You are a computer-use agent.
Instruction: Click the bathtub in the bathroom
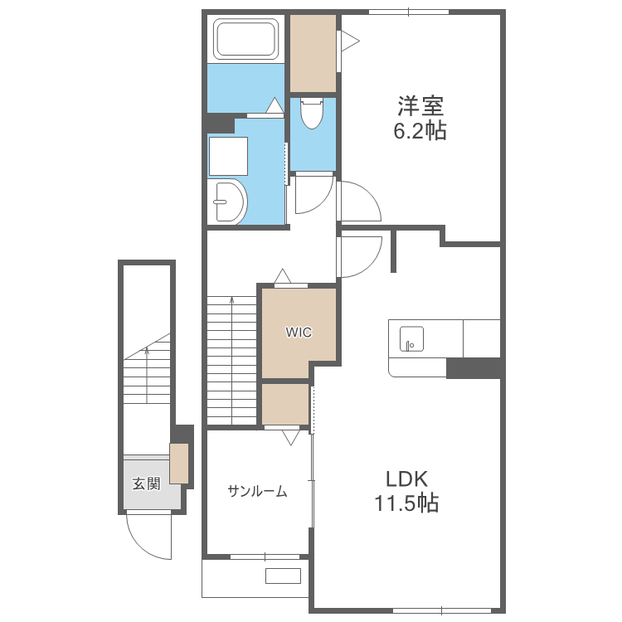click(x=245, y=37)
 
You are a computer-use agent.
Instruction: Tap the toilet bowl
click(x=312, y=114)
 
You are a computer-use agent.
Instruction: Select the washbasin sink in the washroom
click(x=228, y=202)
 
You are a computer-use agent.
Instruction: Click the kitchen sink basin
click(x=411, y=338)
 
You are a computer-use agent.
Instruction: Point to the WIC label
click(x=299, y=332)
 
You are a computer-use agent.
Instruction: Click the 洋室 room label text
click(x=420, y=106)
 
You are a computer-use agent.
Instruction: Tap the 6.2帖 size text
click(x=420, y=130)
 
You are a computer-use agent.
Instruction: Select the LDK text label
click(x=407, y=479)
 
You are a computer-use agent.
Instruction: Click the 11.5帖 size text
click(x=407, y=503)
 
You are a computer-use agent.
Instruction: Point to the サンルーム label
click(x=257, y=492)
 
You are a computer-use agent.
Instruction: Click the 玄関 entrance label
click(x=146, y=484)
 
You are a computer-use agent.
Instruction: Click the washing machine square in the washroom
click(x=228, y=156)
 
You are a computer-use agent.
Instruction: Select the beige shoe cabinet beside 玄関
click(x=179, y=464)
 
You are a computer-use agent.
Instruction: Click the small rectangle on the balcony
click(x=283, y=576)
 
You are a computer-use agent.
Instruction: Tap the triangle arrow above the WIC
click(x=283, y=275)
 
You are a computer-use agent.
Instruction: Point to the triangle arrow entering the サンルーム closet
click(x=291, y=438)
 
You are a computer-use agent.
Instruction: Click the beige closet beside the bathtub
click(x=313, y=54)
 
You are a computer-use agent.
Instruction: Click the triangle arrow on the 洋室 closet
click(x=350, y=41)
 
